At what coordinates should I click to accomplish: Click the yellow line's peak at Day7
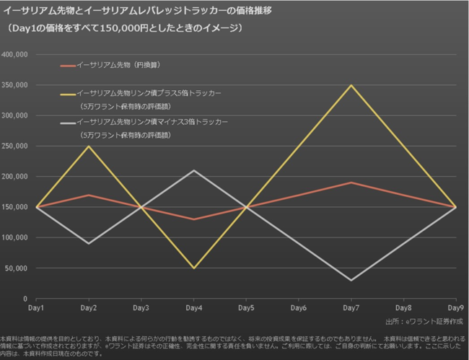351,85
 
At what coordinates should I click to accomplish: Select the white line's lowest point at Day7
351,280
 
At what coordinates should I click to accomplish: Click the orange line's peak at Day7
351,183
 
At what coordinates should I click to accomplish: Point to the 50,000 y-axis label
16,268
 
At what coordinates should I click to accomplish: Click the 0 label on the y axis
25,299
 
